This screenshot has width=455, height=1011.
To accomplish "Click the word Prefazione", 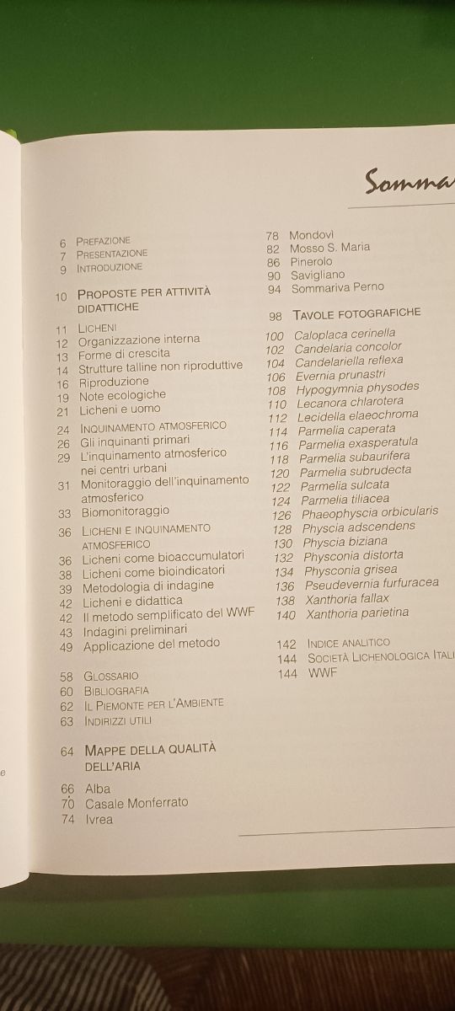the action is (x=103, y=241).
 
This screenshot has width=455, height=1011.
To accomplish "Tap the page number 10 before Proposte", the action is (x=62, y=297).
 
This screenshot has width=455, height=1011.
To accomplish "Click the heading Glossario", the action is (x=110, y=676).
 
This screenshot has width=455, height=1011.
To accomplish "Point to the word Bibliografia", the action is (x=115, y=691).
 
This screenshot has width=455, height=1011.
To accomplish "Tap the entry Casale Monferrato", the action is (x=136, y=803).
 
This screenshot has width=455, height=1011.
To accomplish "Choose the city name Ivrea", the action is (x=99, y=819).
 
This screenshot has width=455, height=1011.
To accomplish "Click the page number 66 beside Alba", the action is (x=68, y=789).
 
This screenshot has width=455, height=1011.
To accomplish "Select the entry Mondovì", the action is (x=312, y=234).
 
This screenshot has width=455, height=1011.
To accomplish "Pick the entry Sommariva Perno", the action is (x=337, y=288).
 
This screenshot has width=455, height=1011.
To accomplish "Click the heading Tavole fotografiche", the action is (x=356, y=313).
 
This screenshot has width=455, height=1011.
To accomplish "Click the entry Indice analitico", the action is (x=348, y=643).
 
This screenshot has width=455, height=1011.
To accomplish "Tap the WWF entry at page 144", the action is (x=323, y=673).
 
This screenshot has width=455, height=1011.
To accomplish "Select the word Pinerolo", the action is (x=312, y=261).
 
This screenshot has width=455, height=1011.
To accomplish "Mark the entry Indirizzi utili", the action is (x=117, y=721).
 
